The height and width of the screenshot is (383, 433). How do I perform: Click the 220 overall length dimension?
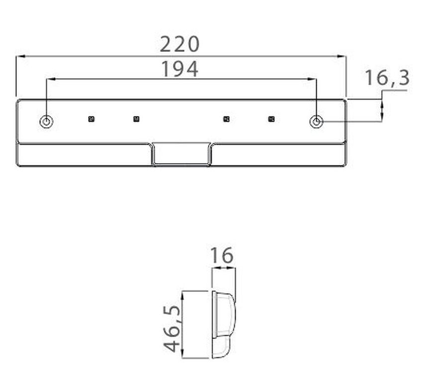[180, 44]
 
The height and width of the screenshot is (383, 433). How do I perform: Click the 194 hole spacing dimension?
[180, 69]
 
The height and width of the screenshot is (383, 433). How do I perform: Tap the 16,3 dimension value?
[387, 78]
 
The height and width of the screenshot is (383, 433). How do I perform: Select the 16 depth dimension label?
[222, 255]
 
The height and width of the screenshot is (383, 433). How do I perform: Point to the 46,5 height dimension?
[172, 329]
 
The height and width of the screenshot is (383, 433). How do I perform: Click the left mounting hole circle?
[46, 122]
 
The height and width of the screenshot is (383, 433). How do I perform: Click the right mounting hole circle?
[317, 122]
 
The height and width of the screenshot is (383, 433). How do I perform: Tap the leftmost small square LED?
[91, 119]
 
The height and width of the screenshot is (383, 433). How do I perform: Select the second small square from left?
[136, 119]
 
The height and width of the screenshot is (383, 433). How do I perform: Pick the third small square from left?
[226, 119]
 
